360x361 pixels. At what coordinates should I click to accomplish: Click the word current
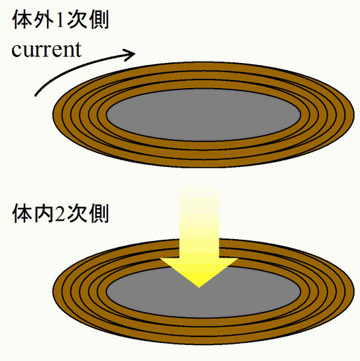(x=46, y=50)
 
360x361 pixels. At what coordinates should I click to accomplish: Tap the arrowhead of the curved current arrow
(x=129, y=55)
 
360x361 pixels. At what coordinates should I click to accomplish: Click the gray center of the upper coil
(x=204, y=115)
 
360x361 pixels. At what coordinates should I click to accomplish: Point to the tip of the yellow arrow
(x=199, y=287)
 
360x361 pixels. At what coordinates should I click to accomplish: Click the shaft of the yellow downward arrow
(x=199, y=222)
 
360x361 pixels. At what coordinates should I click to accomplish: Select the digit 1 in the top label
(x=60, y=21)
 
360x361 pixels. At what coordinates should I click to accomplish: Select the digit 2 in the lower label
(x=60, y=213)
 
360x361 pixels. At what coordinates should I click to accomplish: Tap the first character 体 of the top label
(x=23, y=20)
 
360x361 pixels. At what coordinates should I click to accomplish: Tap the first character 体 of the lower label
(x=23, y=213)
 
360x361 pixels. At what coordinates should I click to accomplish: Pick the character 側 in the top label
(x=99, y=20)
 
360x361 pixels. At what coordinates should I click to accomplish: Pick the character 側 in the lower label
(x=99, y=213)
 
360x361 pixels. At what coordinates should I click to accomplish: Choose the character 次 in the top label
(x=77, y=20)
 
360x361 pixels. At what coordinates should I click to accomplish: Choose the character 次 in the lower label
(x=77, y=213)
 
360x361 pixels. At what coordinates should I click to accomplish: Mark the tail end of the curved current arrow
(x=35, y=95)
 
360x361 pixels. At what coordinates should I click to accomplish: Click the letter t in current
(x=78, y=50)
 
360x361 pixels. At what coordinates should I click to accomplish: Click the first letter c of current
(x=16, y=51)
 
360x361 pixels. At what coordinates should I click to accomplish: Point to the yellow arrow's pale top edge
(x=199, y=187)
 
